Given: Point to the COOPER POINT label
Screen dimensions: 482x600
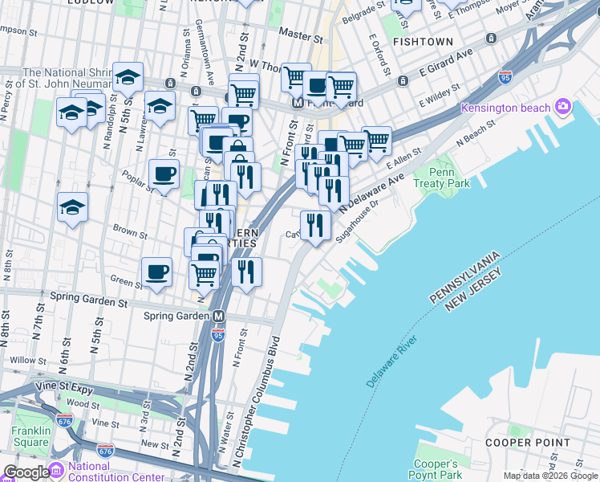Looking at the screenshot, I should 527,442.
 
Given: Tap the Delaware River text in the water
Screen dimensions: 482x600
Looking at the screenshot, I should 392,361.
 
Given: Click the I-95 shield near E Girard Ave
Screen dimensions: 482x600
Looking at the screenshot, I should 505,77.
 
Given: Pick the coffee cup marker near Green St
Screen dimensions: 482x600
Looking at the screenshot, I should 157,271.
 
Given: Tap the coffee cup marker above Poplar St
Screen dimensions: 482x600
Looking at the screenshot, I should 164,174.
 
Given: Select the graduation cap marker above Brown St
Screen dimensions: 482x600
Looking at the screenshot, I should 72,206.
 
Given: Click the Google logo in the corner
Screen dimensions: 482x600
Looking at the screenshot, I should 26,472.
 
